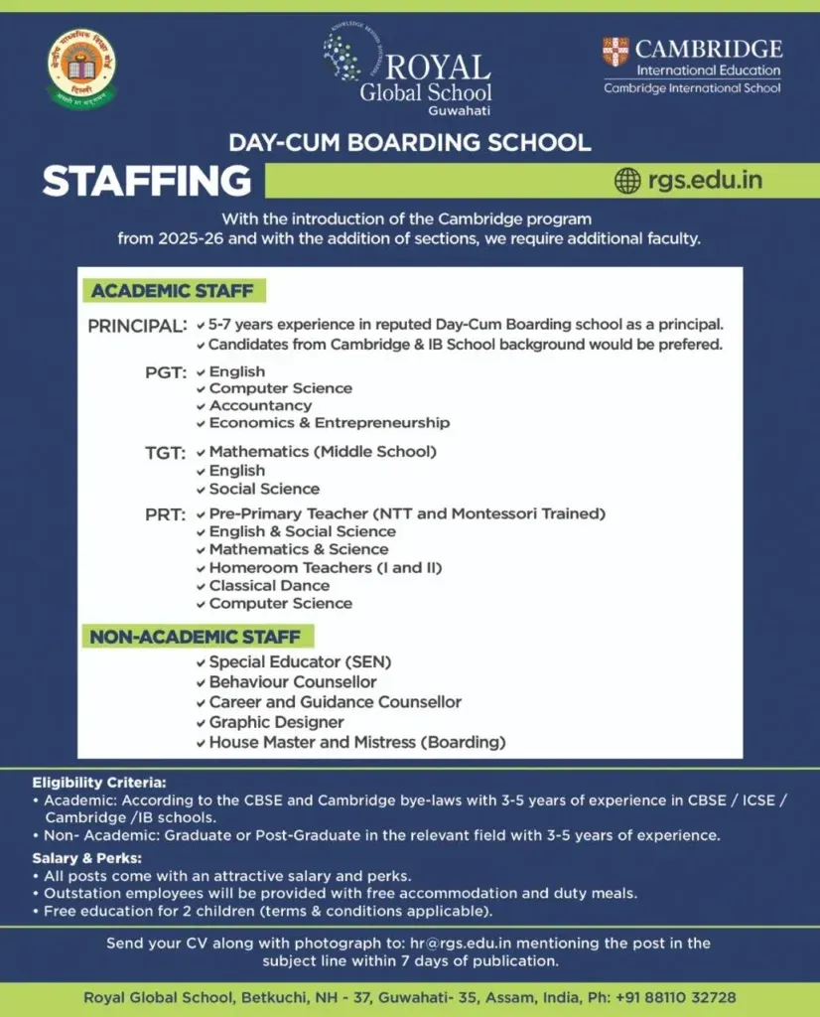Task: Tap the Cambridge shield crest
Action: coord(615,52)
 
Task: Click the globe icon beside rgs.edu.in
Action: coord(627,181)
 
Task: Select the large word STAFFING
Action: coord(146,182)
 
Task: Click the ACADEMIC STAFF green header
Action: coord(173,291)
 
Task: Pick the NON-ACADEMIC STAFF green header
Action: coord(198,636)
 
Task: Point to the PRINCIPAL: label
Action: coord(137,326)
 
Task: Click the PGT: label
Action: coord(166,373)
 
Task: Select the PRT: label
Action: coord(166,515)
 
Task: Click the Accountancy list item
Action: coord(260,405)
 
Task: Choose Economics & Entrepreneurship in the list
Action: coord(329,423)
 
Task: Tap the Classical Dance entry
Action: coord(269,585)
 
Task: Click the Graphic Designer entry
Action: coord(276,722)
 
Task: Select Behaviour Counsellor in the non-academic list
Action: coord(293,682)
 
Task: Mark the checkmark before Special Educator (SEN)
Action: coord(201,662)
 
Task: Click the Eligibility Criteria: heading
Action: coord(99,783)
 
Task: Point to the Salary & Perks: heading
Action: coord(87,858)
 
